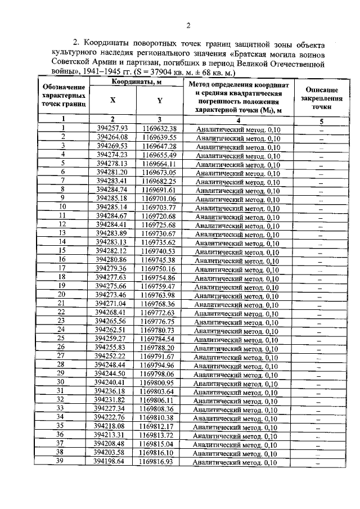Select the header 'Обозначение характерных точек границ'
(64, 96)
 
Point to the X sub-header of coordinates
(112, 101)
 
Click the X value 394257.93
(112, 129)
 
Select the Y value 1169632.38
(160, 129)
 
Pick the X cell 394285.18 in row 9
(112, 199)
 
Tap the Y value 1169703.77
(159, 208)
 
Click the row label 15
(63, 251)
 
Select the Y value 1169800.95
(158, 382)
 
